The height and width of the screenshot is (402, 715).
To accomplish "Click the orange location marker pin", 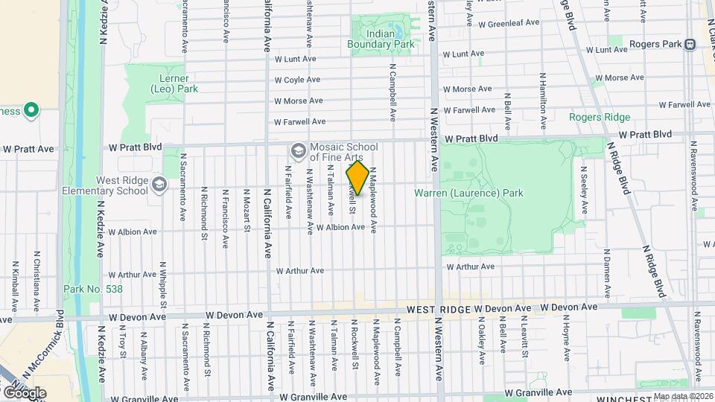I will coord(357,178).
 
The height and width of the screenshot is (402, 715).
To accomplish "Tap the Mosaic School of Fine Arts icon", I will coord(298,152).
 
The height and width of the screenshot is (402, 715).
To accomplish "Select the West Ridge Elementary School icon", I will coord(159,184).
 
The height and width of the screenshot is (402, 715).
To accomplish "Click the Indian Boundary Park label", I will coord(380,39).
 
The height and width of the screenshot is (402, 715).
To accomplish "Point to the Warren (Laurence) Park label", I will coord(468,194).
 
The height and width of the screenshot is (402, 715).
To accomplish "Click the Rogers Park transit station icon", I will coord(690,45).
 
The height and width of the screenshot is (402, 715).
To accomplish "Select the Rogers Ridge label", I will coord(599,117).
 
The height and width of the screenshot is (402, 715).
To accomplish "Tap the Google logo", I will coord(24,393).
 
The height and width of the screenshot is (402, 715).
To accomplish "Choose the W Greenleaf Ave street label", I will coord(509,23).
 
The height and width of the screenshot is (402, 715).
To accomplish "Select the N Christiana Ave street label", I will coord(36,284).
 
